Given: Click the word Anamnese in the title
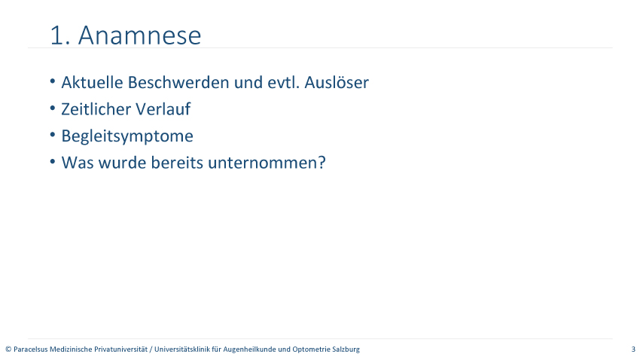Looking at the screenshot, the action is click(x=139, y=35).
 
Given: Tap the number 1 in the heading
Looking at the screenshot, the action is click(x=56, y=35).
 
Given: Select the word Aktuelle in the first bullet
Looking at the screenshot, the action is click(x=93, y=82).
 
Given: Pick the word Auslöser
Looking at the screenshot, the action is click(x=337, y=82).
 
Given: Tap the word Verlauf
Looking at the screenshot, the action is click(x=163, y=109).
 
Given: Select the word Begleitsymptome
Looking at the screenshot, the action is click(x=127, y=136).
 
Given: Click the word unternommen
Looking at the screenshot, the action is click(x=263, y=163).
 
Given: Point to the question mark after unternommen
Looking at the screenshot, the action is click(x=322, y=163).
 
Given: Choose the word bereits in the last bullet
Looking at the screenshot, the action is click(x=177, y=163).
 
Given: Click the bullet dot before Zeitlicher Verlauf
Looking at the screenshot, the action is click(x=53, y=108).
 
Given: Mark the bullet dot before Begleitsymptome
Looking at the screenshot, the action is click(x=53, y=135).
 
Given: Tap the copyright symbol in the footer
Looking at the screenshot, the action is click(x=8, y=349).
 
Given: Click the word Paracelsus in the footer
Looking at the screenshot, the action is click(x=31, y=349).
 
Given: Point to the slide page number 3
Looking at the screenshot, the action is click(x=633, y=349).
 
